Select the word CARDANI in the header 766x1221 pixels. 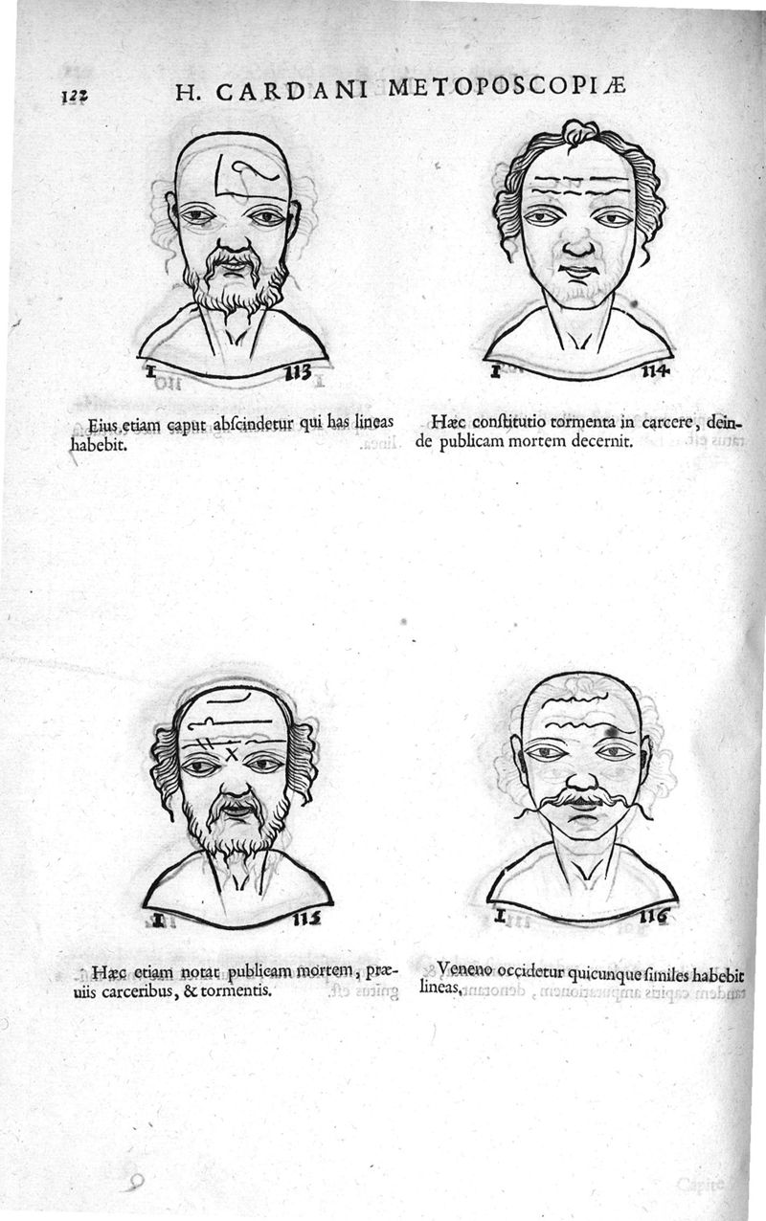click(x=292, y=92)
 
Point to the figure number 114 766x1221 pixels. click(x=655, y=371)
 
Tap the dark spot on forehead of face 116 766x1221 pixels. click(x=609, y=731)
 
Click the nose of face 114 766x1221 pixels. click(x=578, y=244)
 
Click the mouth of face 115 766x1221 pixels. click(x=237, y=810)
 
